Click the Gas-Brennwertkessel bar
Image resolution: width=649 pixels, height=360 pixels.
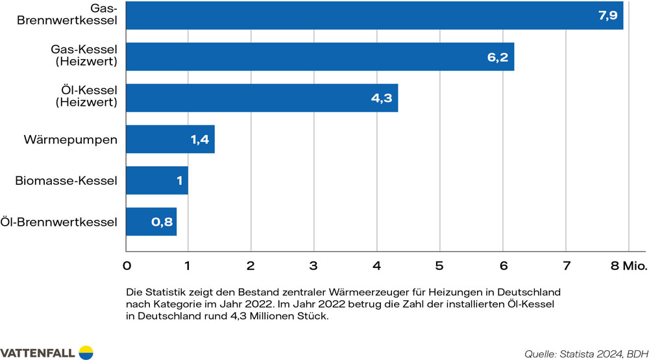[374, 15]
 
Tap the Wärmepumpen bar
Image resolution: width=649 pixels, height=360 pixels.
[170, 139]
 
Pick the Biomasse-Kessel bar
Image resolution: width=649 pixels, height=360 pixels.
[156, 180]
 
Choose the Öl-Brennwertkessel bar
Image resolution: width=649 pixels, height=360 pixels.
[151, 222]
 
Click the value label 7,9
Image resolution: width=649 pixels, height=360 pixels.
[607, 15]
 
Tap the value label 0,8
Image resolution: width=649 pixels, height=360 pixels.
[162, 222]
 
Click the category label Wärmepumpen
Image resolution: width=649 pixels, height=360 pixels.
[70, 139]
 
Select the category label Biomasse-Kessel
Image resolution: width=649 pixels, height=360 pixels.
[66, 180]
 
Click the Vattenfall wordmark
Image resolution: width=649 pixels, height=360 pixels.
[38, 352]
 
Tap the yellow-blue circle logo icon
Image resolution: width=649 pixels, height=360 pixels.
[86, 352]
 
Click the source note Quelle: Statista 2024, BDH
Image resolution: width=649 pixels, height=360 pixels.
[585, 354]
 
